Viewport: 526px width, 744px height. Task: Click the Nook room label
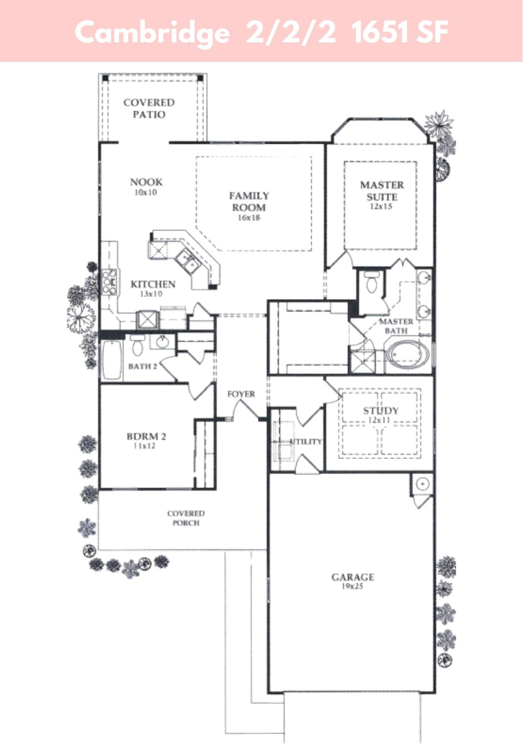pos(147,182)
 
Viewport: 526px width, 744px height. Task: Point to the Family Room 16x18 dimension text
pos(249,218)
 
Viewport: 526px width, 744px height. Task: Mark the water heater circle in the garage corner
pos(423,484)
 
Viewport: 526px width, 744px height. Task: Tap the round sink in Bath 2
pos(163,342)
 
